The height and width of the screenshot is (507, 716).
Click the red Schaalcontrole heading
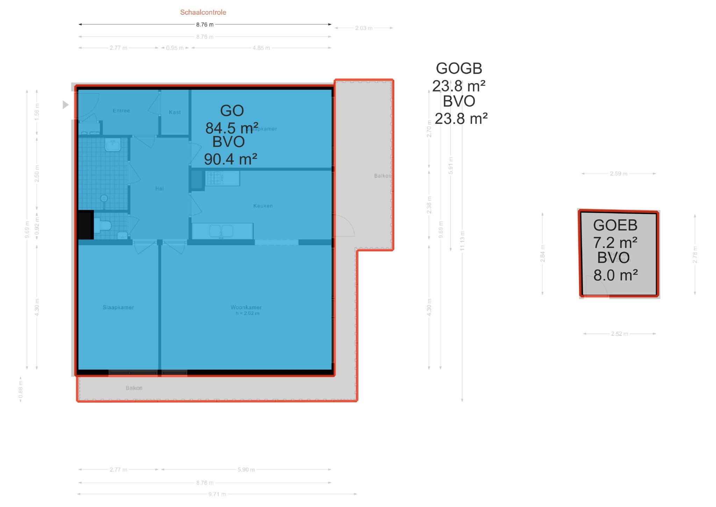click(x=203, y=12)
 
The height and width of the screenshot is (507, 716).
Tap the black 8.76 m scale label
click(x=205, y=25)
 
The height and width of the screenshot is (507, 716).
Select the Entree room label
click(x=121, y=111)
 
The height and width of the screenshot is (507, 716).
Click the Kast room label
click(x=175, y=112)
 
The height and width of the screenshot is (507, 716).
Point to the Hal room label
click(x=159, y=189)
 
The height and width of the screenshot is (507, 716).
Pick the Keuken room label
click(x=263, y=206)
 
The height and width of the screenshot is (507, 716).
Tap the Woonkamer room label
click(x=246, y=307)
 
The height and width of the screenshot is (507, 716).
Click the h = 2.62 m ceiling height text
click(x=247, y=313)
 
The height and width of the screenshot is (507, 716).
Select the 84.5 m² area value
click(x=231, y=128)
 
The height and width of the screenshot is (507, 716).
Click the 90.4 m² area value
click(x=230, y=159)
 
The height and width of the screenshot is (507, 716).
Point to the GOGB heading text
click(x=459, y=68)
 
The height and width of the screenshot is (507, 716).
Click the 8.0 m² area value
click(x=615, y=275)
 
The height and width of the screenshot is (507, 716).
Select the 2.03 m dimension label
click(x=364, y=28)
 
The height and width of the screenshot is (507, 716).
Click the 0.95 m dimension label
click(x=175, y=48)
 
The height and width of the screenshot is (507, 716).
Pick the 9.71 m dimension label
click(x=217, y=494)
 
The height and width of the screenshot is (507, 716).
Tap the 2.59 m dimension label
click(x=618, y=174)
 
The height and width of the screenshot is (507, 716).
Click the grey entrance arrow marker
click(x=65, y=104)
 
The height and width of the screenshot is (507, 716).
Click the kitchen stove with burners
click(x=214, y=178)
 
